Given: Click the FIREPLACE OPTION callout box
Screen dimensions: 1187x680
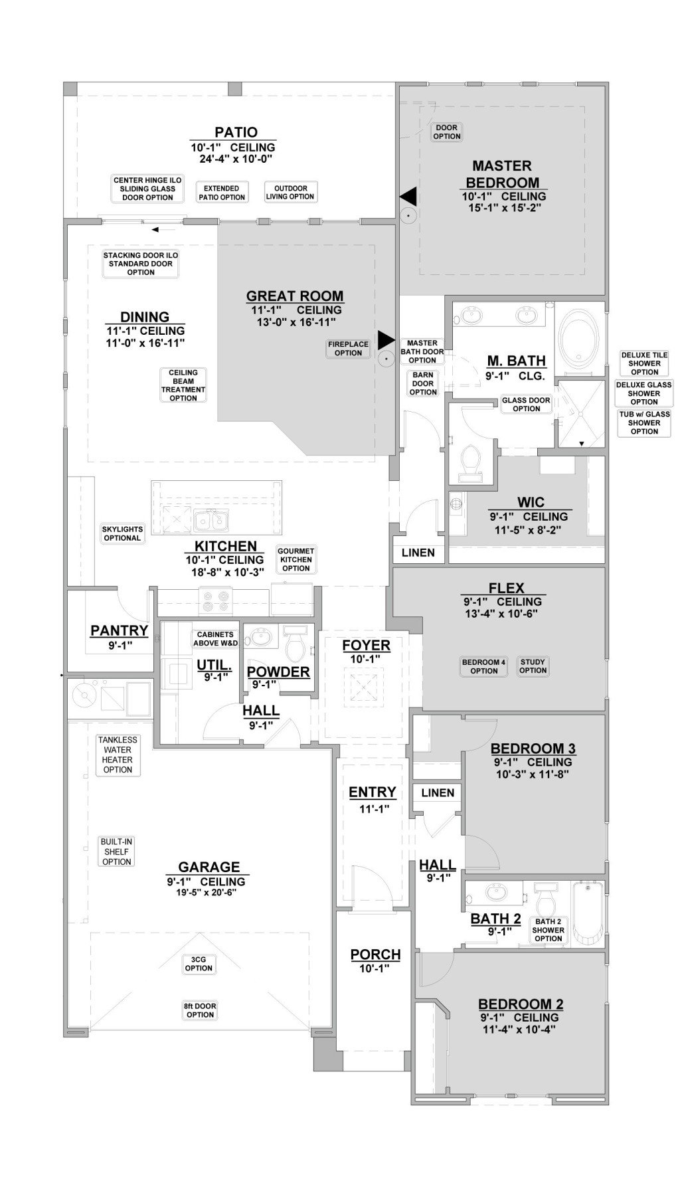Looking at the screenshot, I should [x=348, y=348].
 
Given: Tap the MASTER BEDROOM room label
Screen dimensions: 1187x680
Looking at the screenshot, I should [x=502, y=174].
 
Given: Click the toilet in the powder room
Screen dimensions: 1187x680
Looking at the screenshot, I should [x=294, y=645].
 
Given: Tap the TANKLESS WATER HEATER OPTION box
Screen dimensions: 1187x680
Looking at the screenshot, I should [x=118, y=755].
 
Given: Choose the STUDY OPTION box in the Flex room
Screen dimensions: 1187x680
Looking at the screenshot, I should [x=533, y=666].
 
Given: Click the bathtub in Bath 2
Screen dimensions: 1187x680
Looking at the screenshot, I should [x=588, y=913].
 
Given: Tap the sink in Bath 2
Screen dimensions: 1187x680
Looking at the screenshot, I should [x=494, y=892].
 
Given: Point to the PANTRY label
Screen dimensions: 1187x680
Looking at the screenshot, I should [x=119, y=630].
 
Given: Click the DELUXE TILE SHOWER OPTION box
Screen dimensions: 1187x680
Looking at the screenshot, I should [x=644, y=363].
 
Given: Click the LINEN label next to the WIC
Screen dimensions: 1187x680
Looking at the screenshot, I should [x=418, y=553].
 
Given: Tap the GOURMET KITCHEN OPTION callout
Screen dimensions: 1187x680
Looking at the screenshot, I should [x=296, y=559].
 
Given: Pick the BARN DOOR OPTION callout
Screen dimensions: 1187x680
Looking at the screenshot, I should [x=423, y=383].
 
